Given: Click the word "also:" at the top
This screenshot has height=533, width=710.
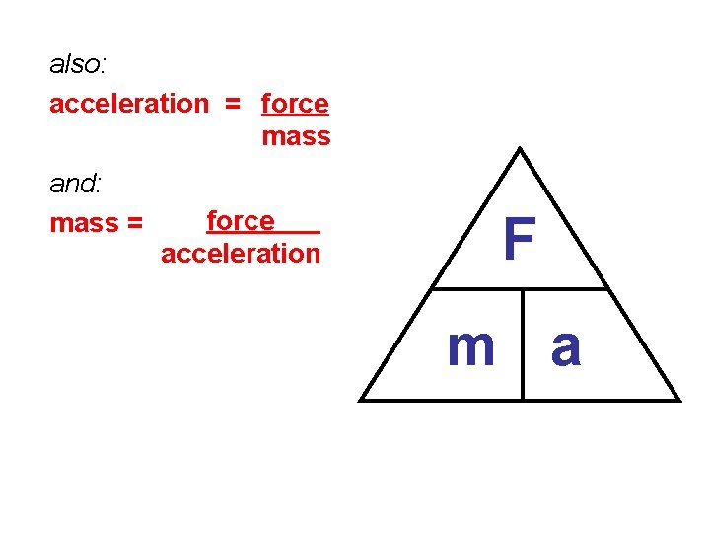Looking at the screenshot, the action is pos(78,65).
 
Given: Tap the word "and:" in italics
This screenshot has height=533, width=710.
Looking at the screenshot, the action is pos(76,184).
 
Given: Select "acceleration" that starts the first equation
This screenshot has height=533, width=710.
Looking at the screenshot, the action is pos(129,103).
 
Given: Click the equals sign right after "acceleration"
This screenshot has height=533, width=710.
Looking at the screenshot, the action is pos(234,103).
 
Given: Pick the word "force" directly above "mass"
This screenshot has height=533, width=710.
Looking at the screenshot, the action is pos(295,103).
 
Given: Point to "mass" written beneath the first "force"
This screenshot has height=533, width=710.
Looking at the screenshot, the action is pos(296,136).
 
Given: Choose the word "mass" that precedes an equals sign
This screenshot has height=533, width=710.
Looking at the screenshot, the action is pos(84,223).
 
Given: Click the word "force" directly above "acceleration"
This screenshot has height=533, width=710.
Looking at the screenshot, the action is pos(241,220).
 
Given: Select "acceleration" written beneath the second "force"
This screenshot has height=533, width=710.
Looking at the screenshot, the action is pos(241,254).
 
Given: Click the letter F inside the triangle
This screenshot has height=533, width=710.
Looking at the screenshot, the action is pos(519,240).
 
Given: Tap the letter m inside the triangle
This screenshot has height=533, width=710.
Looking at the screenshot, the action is pos(470,346).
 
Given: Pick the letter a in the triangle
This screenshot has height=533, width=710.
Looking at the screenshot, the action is pos(566,347).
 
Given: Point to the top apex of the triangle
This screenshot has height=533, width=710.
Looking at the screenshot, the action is pos(520,149).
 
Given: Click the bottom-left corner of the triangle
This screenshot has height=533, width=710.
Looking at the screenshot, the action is pos(360,400).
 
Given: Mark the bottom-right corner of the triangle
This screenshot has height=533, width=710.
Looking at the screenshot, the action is pos(679,400).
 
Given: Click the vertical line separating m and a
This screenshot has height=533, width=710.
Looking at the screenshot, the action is pos(523,345).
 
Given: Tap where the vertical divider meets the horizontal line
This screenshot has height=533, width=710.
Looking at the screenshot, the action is pos(523,289).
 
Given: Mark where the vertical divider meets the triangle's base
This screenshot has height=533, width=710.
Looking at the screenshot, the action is pos(523,400).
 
